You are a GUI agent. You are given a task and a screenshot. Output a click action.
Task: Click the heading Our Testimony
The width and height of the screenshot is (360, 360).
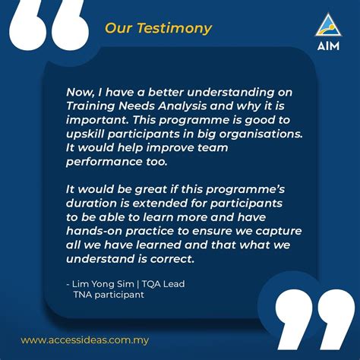[x=158, y=30]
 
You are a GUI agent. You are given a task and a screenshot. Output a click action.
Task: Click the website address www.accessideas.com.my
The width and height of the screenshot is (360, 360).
[x=83, y=340]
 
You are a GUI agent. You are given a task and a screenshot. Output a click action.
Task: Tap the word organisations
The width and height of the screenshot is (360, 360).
[x=255, y=134]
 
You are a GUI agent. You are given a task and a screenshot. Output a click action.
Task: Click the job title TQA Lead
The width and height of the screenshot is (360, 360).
[x=166, y=284]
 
